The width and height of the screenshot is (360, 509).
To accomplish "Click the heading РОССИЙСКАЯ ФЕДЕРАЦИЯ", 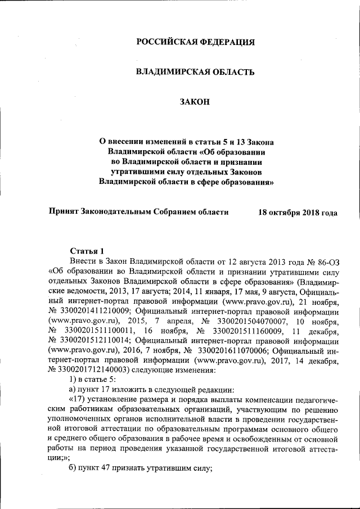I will pyautogui.click(x=195, y=42).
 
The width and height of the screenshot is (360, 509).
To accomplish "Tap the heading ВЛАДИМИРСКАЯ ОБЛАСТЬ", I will pyautogui.click(x=195, y=72).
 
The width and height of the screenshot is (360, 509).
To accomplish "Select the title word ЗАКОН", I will pyautogui.click(x=195, y=101).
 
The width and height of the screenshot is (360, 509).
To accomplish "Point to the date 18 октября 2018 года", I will pyautogui.click(x=298, y=212).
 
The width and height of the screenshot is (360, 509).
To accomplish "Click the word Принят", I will pyautogui.click(x=64, y=212).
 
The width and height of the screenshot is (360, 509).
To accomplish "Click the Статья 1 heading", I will pyautogui.click(x=87, y=251).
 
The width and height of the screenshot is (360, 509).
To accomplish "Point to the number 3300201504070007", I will pyautogui.click(x=237, y=321).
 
